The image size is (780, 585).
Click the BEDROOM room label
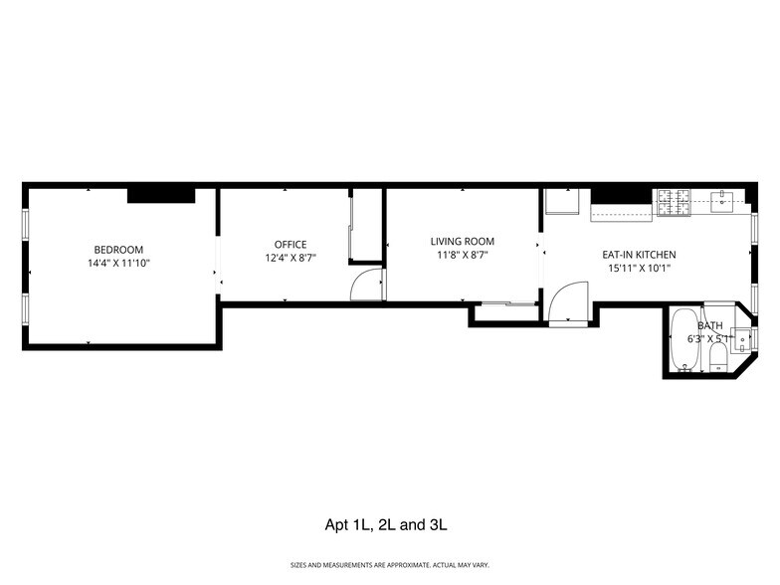[118, 249]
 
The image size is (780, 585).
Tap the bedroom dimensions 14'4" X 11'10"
[118, 263]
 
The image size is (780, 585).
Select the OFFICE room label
[291, 244]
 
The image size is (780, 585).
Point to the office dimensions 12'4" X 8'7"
[291, 258]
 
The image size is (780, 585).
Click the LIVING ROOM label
[462, 241]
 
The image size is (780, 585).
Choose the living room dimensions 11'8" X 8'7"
[462, 255]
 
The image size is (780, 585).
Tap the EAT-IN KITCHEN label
[639, 254]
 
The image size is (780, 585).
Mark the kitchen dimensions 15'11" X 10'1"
[639, 268]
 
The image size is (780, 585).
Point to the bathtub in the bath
[684, 340]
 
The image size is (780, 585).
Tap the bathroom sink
[741, 338]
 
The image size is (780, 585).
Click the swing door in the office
[366, 284]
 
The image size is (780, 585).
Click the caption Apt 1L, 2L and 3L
[390, 524]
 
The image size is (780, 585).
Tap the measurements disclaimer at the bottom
[390, 565]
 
